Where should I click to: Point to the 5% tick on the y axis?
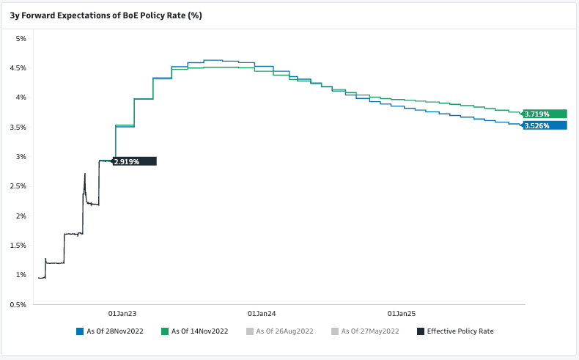click(21, 38)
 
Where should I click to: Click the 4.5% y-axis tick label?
click(18, 68)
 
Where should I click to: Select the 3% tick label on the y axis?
click(21, 157)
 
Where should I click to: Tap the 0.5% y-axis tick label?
click(18, 304)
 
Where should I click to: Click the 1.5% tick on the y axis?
click(18, 246)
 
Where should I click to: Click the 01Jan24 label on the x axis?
click(261, 312)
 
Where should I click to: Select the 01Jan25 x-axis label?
click(400, 312)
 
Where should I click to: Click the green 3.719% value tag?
click(545, 114)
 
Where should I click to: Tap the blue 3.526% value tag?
click(545, 125)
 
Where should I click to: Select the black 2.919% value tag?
click(134, 161)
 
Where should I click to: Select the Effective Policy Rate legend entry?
click(460, 331)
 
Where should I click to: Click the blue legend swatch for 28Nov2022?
click(80, 331)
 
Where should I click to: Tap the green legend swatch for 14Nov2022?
click(165, 331)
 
